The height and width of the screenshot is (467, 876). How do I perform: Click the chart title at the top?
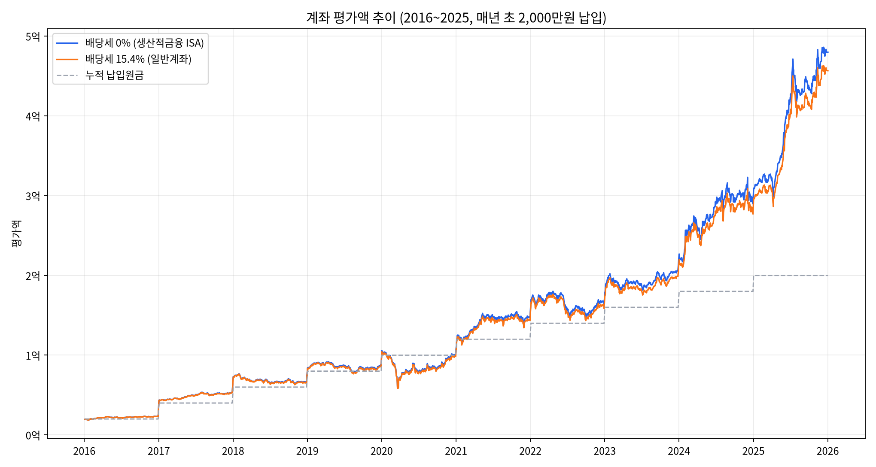click(x=456, y=18)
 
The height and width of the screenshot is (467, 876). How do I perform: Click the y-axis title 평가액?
click(x=16, y=233)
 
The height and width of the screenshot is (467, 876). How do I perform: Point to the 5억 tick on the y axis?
click(x=33, y=36)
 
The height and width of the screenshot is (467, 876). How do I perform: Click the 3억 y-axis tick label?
click(x=33, y=196)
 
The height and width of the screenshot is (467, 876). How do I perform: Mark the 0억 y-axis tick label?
click(x=33, y=435)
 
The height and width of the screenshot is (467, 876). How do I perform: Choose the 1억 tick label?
click(x=33, y=355)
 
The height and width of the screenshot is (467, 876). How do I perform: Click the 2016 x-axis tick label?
click(x=84, y=451)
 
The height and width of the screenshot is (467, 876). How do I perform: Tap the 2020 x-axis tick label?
click(x=382, y=451)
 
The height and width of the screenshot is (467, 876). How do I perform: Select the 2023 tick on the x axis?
click(x=605, y=451)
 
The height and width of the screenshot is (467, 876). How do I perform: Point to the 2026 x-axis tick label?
click(x=827, y=451)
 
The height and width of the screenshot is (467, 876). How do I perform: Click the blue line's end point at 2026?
click(x=828, y=52)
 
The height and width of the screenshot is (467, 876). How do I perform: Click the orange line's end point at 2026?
click(x=828, y=70)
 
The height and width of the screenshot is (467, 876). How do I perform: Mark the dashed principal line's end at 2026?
click(x=827, y=276)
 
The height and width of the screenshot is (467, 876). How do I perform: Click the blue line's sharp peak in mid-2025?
click(x=793, y=59)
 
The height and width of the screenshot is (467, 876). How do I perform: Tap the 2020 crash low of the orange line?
click(x=398, y=388)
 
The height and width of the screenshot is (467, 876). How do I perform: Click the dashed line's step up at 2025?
click(x=753, y=283)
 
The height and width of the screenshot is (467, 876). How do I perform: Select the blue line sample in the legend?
click(x=67, y=43)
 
